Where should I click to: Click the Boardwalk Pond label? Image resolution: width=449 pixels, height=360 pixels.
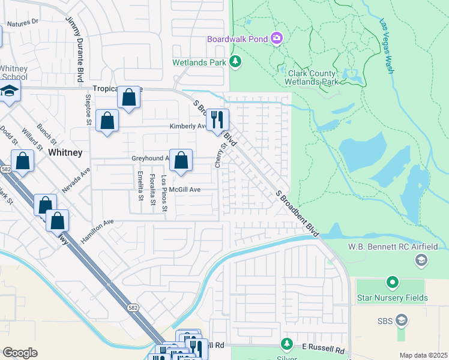[x=237, y=39]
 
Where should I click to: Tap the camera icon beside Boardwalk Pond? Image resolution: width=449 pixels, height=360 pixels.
[x=277, y=38]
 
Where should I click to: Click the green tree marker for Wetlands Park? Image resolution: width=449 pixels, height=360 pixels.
[x=236, y=61]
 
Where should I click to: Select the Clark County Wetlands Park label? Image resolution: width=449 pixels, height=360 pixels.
[x=310, y=77]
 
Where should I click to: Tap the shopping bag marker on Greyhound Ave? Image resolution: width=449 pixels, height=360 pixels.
[x=181, y=161]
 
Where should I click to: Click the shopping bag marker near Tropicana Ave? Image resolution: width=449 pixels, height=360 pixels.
[x=129, y=97]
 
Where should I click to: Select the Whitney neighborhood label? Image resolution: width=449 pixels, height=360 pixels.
[x=65, y=152]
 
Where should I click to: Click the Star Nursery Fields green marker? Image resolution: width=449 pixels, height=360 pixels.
[x=392, y=281]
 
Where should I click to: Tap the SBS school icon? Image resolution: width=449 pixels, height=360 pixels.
[x=401, y=321]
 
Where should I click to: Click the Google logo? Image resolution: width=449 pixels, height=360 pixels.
[x=20, y=352]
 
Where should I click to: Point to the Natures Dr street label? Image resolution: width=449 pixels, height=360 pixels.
[x=22, y=22]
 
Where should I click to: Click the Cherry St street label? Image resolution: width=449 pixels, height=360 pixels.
[x=218, y=155]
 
